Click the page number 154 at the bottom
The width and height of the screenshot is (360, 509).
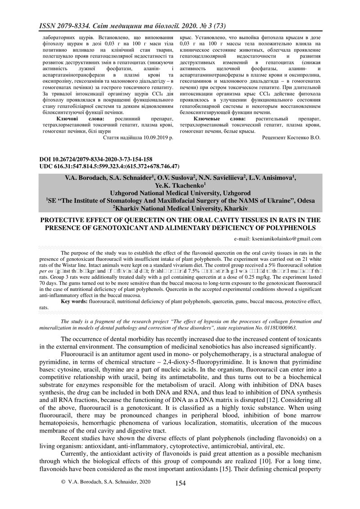pos(180,483)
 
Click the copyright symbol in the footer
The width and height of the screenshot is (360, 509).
pos(63,482)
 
